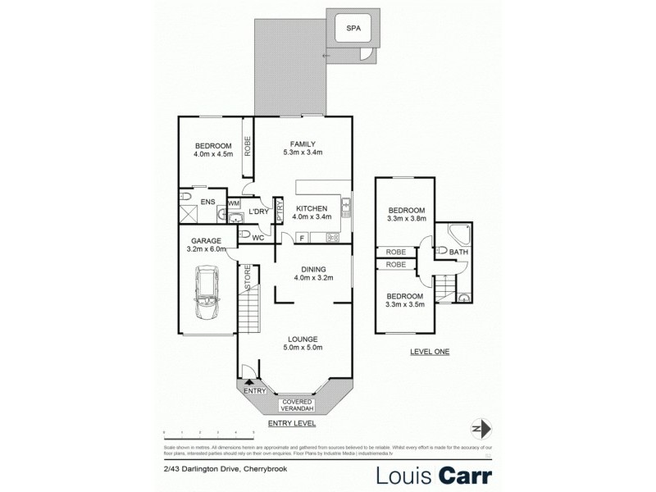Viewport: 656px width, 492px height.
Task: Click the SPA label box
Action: pyautogui.click(x=353, y=29)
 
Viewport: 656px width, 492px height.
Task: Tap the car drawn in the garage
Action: pyautogui.click(x=206, y=296)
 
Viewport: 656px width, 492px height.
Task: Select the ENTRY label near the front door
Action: pyautogui.click(x=255, y=391)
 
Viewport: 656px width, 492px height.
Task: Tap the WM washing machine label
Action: pyautogui.click(x=233, y=203)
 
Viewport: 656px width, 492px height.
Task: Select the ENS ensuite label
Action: pyautogui.click(x=208, y=200)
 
